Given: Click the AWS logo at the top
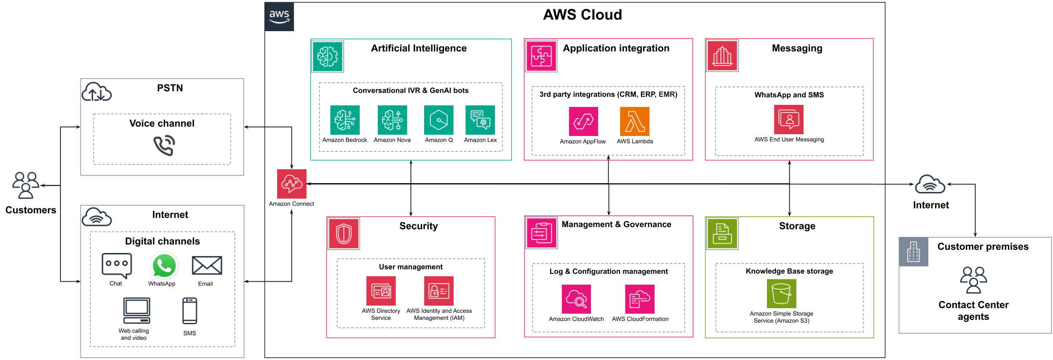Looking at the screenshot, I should click(279, 16).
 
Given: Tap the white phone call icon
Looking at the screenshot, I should click(164, 145).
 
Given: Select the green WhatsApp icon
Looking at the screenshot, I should click(164, 266).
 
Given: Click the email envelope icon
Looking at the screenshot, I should click(207, 265).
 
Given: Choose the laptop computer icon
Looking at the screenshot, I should click(136, 310).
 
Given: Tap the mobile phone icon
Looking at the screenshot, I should click(190, 311).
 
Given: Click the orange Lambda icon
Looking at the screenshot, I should click(634, 122).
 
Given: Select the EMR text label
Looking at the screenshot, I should click(667, 94).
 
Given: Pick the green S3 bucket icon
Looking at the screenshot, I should click(781, 293).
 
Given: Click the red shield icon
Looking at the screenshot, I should click(344, 234).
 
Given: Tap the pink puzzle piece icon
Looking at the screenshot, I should click(541, 56).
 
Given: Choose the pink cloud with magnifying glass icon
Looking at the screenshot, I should click(576, 299).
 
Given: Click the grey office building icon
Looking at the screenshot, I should click(913, 252).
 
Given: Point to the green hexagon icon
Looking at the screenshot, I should click(438, 120).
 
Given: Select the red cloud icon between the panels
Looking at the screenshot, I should click(291, 184).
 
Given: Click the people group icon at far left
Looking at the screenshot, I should click(26, 185).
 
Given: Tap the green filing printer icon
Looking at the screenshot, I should click(722, 234).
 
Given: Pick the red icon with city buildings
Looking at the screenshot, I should click(722, 56).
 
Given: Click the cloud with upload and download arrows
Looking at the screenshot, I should click(96, 92).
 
